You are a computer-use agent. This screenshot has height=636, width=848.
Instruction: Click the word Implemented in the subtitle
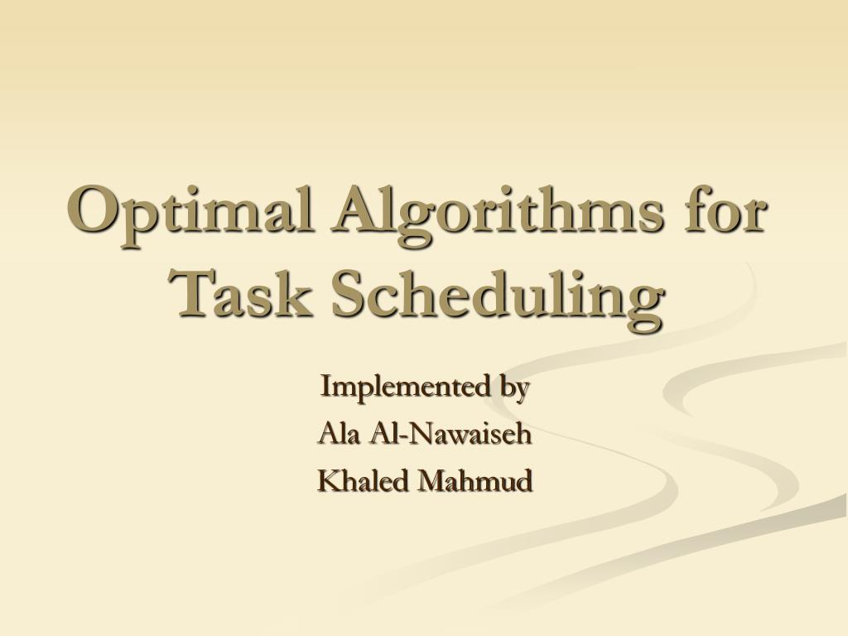click(396, 386)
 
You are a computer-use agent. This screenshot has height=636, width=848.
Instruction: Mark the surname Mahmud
click(479, 480)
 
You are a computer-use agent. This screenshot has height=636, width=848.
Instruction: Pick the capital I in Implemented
click(325, 386)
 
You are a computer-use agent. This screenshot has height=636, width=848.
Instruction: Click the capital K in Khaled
click(327, 480)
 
